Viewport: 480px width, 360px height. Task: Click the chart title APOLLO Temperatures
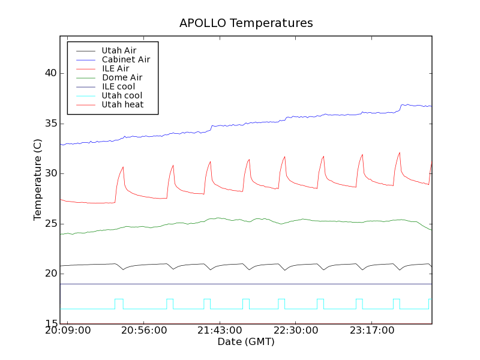pos(246,23)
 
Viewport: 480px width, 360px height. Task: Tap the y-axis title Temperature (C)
pos(38,180)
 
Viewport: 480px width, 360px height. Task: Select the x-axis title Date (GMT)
pos(246,342)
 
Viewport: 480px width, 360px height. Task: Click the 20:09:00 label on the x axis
pos(68,331)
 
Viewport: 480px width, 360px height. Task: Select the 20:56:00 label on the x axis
pos(145,331)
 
